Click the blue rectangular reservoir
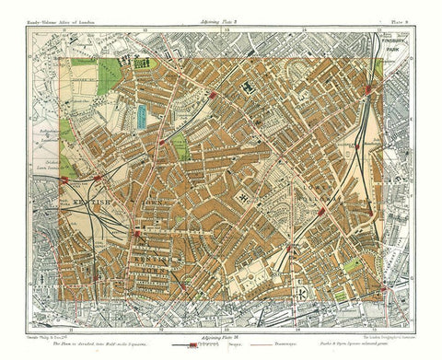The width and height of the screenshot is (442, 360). pos(141,114)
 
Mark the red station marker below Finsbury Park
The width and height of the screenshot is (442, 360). pos(370,90)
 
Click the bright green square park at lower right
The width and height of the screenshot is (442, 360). pos(342,296)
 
